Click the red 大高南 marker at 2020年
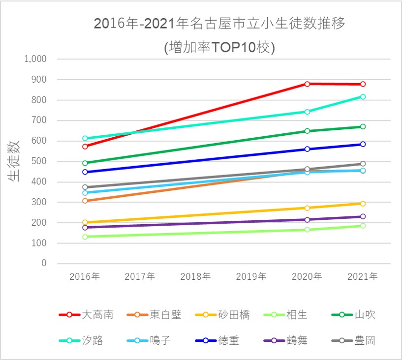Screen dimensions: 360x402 click(307, 84)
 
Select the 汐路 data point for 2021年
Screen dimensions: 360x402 click(363, 97)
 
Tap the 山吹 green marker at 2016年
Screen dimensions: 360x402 click(85, 163)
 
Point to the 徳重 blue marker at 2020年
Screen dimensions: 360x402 click(307, 149)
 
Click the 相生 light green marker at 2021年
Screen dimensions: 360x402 click(363, 226)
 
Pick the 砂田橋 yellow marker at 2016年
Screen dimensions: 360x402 click(85, 222)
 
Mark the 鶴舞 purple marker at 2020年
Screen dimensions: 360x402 click(307, 220)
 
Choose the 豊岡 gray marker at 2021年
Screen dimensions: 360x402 click(363, 164)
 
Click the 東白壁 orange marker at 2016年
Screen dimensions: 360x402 click(85, 201)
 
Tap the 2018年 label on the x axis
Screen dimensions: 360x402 click(196, 277)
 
